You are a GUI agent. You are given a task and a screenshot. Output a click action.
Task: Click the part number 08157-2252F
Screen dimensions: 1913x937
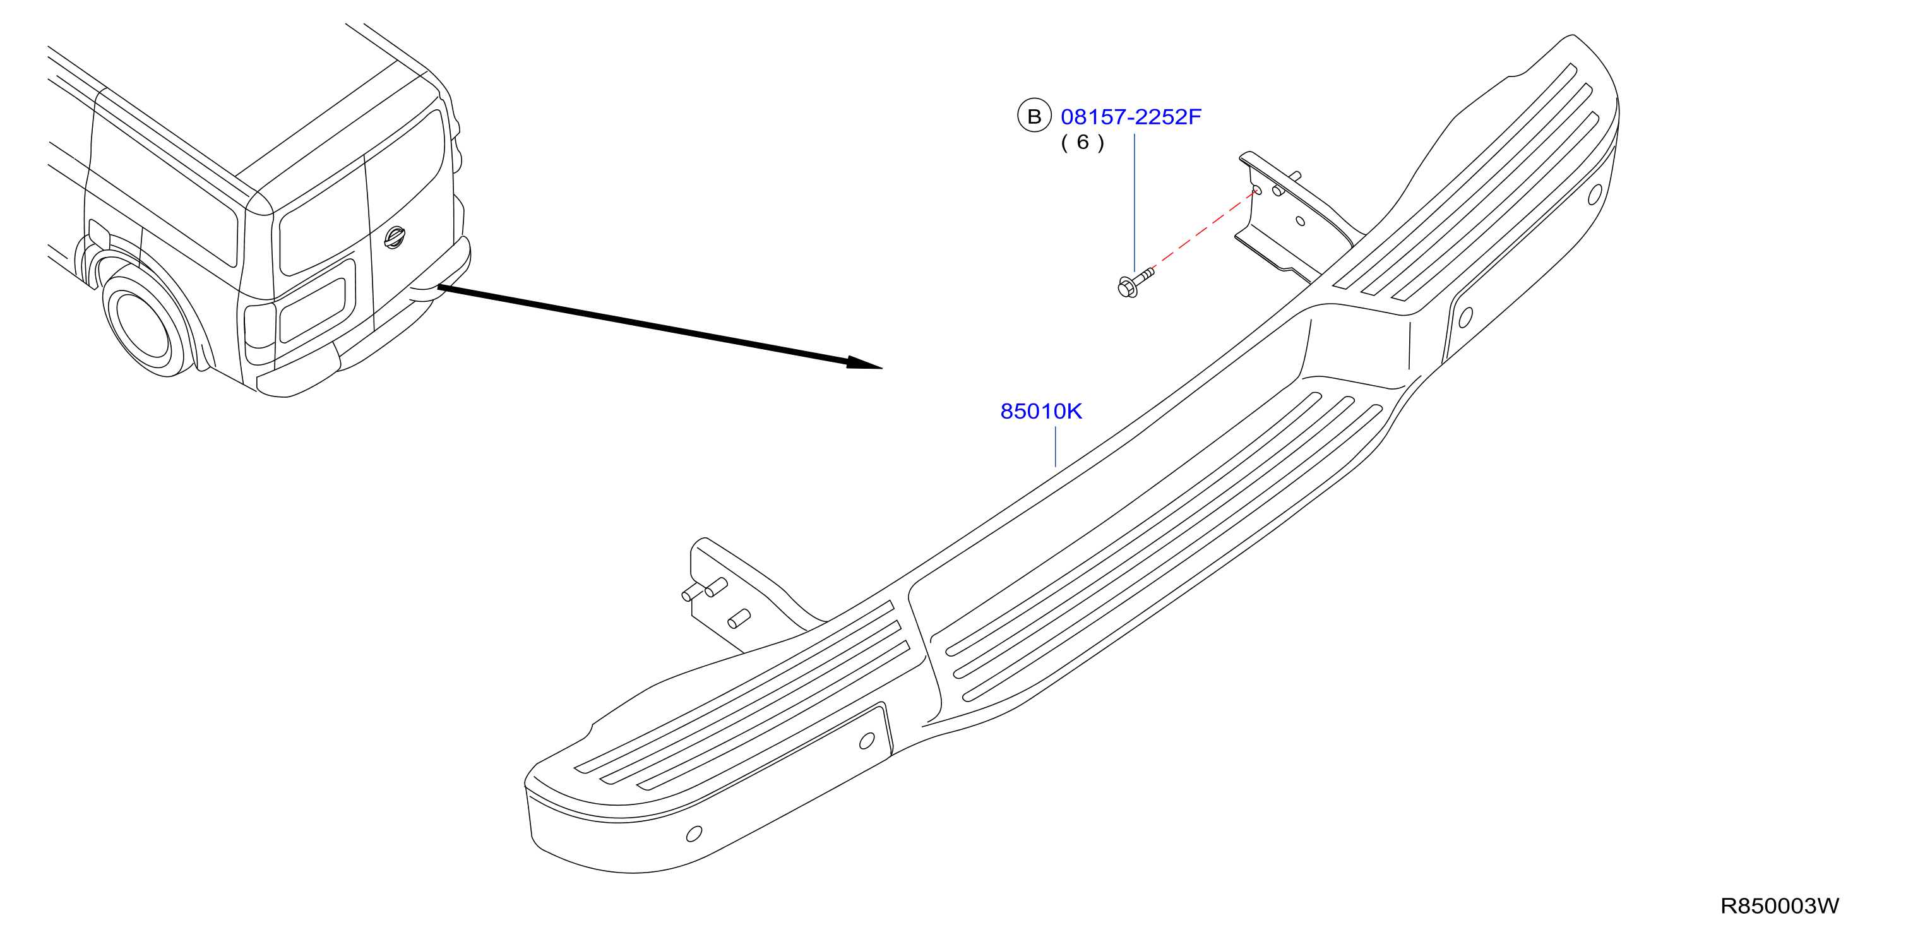click(x=1130, y=117)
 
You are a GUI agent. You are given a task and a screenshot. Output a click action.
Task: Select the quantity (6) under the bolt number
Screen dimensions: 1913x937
click(x=1082, y=142)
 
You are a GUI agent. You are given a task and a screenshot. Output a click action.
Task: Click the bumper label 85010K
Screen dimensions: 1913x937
click(x=1041, y=410)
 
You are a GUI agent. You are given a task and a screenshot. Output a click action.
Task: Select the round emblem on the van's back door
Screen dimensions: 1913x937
click(x=395, y=237)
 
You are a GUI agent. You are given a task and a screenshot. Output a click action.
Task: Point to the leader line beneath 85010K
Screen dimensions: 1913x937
click(x=1054, y=446)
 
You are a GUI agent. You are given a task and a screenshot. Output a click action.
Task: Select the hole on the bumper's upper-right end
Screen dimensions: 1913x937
click(x=1594, y=194)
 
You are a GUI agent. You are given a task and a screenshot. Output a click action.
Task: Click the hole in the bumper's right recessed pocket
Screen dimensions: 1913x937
click(x=1465, y=318)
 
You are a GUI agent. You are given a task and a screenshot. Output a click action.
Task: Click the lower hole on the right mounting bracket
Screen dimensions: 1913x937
click(x=1301, y=220)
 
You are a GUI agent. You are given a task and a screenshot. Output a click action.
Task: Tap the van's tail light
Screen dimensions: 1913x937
click(x=260, y=333)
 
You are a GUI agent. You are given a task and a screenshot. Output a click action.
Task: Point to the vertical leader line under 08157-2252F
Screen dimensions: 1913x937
click(x=1134, y=202)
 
